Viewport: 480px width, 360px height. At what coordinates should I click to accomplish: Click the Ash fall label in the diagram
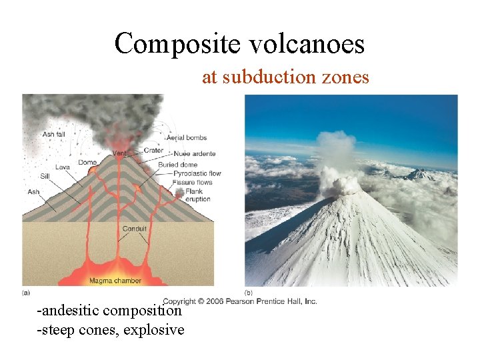53,134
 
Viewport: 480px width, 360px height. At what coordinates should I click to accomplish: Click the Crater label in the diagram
153,151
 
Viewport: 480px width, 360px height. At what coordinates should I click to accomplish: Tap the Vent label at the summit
119,153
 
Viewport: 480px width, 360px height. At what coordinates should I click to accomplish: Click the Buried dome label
178,165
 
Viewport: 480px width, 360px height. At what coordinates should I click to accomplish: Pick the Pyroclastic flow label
197,173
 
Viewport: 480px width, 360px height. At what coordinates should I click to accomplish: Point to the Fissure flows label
192,182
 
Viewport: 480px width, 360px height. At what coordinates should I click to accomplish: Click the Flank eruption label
197,195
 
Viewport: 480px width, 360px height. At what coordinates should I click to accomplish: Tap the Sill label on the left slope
45,177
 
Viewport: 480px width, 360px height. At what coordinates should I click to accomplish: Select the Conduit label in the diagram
134,229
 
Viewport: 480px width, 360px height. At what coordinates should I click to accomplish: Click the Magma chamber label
115,281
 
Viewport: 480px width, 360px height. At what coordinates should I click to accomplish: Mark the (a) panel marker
26,292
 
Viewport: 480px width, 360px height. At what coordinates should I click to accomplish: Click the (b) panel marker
249,292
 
